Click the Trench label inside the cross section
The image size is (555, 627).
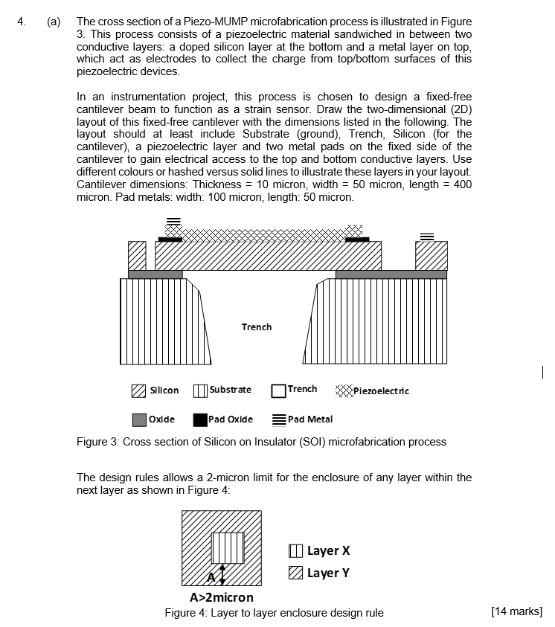click(257, 327)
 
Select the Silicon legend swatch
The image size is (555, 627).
click(138, 390)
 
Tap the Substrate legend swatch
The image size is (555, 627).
click(200, 390)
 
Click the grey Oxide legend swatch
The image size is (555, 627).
click(139, 419)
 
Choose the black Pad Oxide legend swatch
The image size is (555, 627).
click(200, 419)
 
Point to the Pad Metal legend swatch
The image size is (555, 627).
click(279, 419)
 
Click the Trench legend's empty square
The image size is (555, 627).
click(279, 390)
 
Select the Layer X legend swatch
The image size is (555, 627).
click(295, 551)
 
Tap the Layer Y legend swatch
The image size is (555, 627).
click(295, 573)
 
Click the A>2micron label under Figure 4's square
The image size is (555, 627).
click(222, 597)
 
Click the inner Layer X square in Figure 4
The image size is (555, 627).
click(228, 548)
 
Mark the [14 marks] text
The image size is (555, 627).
click(517, 612)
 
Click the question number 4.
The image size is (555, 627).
click(22, 22)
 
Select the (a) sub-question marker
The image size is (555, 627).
click(54, 22)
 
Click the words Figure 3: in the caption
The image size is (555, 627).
click(98, 442)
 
